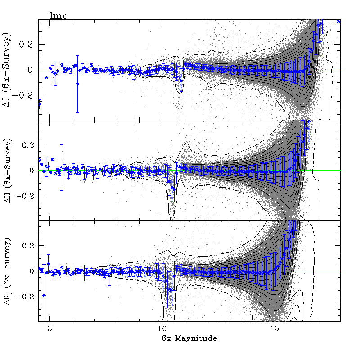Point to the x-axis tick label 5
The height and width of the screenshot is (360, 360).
50,329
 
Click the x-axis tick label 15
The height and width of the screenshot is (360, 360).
274,329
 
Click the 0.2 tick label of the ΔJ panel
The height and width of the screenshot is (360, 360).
28,45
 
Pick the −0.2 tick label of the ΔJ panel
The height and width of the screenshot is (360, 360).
26,95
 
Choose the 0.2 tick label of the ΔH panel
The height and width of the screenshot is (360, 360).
28,145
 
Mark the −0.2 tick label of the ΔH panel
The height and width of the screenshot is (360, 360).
26,196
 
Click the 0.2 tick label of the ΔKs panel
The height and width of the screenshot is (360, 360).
28,246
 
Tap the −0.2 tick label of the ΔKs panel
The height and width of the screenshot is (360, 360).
26,297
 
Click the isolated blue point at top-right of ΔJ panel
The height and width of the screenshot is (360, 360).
338,22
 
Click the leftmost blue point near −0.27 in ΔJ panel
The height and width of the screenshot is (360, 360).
40,104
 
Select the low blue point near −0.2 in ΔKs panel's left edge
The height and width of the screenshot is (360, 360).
44,296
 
